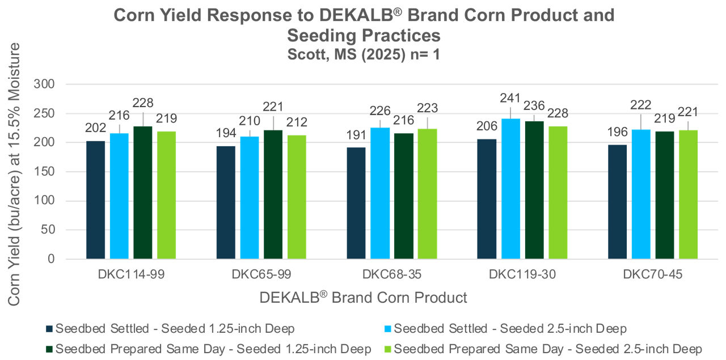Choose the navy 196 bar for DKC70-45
(617, 202)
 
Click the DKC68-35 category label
(392, 275)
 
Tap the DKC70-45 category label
(652, 275)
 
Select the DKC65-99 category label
(261, 275)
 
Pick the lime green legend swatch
(388, 349)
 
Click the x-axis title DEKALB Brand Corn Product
(364, 298)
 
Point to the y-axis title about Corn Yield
(14, 173)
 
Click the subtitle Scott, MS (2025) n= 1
(363, 56)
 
